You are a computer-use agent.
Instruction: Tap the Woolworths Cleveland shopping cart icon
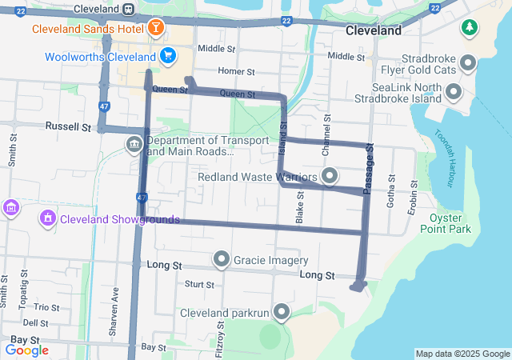tap(167, 56)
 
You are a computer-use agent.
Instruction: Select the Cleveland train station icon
tap(128, 8)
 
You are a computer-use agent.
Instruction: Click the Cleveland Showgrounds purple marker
tap(47, 218)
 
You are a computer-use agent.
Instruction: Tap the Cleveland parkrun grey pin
tap(282, 311)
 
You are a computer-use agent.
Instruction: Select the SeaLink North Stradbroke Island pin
tap(454, 92)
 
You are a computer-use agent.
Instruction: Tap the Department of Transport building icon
tap(134, 145)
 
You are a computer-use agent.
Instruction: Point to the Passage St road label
tap(369, 168)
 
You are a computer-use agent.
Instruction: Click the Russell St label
tap(68, 126)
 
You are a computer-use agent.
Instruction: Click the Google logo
tap(26, 350)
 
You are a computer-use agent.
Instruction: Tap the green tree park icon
tap(468, 29)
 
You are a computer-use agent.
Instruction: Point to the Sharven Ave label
tap(116, 303)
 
